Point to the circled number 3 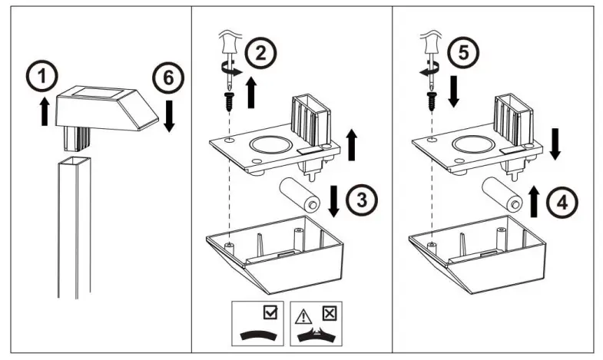pyautogui.click(x=360, y=199)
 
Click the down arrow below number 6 pyautogui.click(x=170, y=114)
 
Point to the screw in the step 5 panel pyautogui.click(x=431, y=99)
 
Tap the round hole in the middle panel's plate pyautogui.click(x=270, y=144)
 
